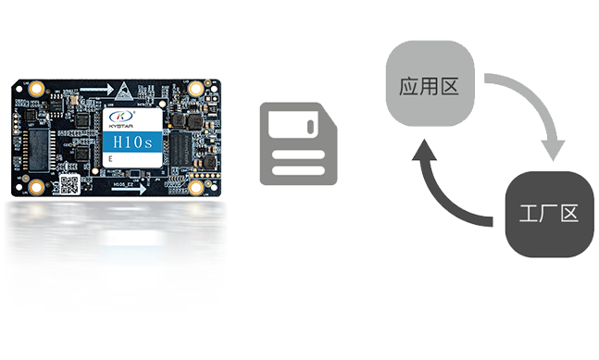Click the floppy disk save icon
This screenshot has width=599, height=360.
pyautogui.click(x=298, y=145)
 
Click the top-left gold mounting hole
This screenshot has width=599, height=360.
pyautogui.click(x=36, y=88)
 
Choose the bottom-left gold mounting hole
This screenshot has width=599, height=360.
pyautogui.click(x=36, y=186)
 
